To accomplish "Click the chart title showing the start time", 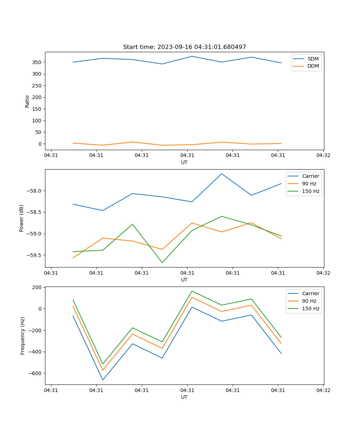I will point(184,47).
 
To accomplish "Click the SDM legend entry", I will point(313,59).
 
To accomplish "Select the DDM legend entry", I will point(313,66).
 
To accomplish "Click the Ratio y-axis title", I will point(27,101).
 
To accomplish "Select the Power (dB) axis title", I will point(22,218).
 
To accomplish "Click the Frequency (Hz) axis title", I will point(23,336).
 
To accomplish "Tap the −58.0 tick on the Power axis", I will point(34,191).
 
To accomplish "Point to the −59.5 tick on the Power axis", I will point(34,255).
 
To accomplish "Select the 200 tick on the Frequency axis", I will point(37,287).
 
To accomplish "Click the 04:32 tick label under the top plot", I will point(323,156).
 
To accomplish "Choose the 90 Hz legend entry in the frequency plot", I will point(309,301).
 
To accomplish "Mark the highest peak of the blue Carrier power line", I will point(222,174).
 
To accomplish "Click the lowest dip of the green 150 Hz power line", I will point(162,262).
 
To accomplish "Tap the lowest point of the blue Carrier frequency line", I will point(103,380).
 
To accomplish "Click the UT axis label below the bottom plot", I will point(184,397).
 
